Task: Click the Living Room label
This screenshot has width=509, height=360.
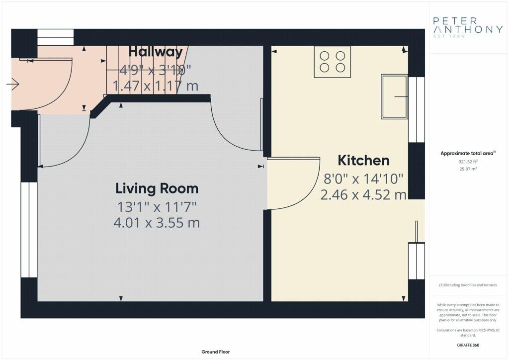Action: (x=157, y=188)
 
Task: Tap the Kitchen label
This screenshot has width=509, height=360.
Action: (x=363, y=161)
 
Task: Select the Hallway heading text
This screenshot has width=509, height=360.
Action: (x=156, y=52)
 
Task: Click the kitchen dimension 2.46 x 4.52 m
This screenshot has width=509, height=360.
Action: (x=363, y=195)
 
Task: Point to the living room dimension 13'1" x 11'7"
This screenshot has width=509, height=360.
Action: (x=157, y=206)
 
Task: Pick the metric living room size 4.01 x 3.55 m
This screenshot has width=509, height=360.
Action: (x=157, y=223)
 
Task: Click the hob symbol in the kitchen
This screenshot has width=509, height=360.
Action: (x=333, y=62)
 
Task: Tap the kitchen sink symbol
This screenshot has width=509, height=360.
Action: (x=394, y=96)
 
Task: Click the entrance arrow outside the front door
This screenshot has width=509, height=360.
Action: (x=13, y=85)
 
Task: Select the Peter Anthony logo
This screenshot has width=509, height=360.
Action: (x=468, y=27)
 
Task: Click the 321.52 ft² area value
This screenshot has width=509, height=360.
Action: (x=468, y=161)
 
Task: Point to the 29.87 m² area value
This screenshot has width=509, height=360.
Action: (x=468, y=169)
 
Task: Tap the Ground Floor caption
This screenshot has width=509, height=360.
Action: (x=216, y=352)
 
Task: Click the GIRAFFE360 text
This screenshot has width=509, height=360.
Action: (x=468, y=345)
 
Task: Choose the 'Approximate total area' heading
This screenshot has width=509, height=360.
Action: (x=468, y=153)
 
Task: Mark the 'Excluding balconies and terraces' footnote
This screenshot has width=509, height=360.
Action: (x=468, y=285)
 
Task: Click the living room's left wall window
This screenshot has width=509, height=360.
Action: (x=29, y=230)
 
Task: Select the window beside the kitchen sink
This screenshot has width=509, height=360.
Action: (x=417, y=110)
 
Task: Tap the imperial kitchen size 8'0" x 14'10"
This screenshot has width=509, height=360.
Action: (x=363, y=179)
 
